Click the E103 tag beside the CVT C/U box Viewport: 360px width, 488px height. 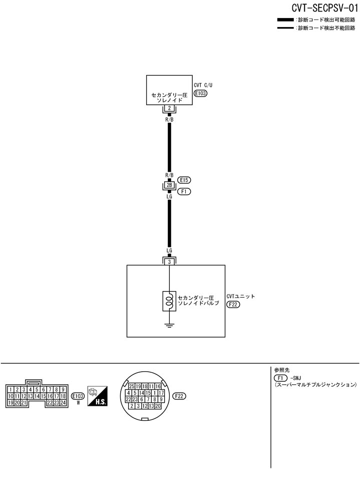[200, 93]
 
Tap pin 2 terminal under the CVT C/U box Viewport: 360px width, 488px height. [170, 108]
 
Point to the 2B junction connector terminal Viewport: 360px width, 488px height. [170, 185]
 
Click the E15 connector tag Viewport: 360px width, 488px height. [185, 180]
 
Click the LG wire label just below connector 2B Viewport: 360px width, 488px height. [170, 197]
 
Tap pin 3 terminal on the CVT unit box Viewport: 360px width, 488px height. [170, 262]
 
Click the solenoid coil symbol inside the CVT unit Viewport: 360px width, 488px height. [170, 301]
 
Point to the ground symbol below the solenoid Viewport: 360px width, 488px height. [170, 326]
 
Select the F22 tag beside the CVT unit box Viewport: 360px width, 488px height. [233, 304]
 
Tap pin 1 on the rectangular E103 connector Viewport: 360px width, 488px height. [11, 389]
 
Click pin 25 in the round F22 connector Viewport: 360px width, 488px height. [132, 386]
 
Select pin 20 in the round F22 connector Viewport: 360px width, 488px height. [158, 406]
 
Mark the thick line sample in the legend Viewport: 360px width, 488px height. [285, 20]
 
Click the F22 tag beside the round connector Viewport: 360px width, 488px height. [179, 396]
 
